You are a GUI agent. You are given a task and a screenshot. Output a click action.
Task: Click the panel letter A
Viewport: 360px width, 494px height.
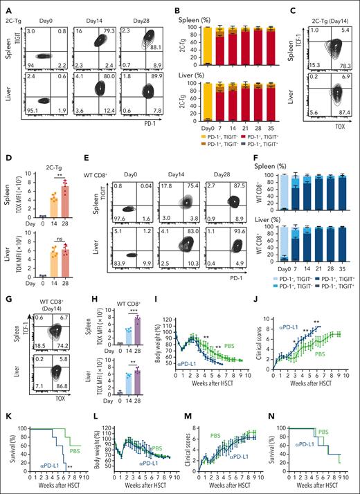coord(6,6)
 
